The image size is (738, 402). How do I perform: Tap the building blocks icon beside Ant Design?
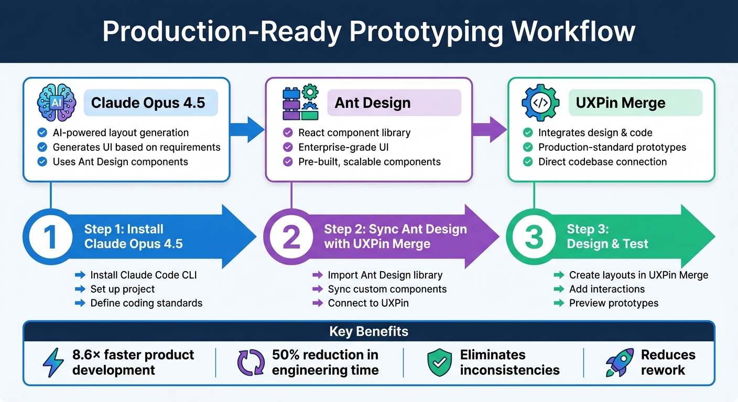[300, 103]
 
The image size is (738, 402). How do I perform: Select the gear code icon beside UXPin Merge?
[540, 103]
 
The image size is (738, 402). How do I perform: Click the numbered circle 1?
[50, 237]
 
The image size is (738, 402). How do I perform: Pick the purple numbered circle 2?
[291, 237]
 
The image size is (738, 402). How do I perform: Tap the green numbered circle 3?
[534, 237]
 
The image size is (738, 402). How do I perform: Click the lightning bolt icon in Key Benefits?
[53, 363]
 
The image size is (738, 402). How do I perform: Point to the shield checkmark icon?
[439, 363]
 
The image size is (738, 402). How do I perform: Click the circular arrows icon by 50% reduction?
[251, 363]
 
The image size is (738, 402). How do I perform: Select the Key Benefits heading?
[368, 331]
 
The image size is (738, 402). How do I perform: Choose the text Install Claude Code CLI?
[144, 275]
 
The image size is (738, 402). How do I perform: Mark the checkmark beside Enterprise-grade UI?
[288, 147]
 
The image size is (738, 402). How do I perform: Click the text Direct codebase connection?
[602, 162]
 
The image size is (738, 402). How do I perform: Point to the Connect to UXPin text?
[368, 303]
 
